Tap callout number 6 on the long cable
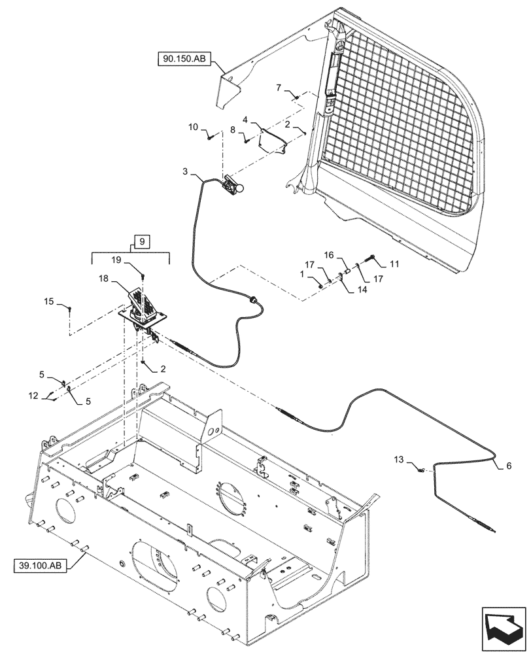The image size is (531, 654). click(501, 466)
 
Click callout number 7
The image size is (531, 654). click(279, 87)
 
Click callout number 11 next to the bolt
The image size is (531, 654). click(394, 264)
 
